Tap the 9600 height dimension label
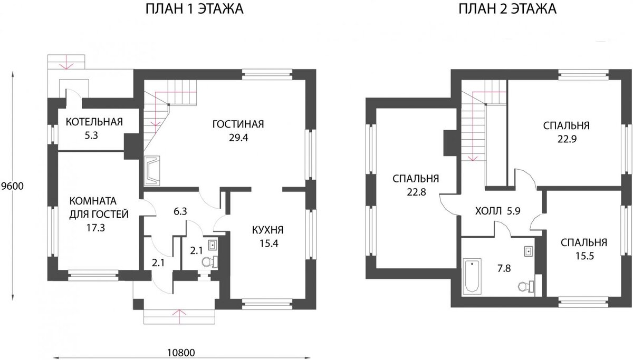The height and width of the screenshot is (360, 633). click(x=12, y=186)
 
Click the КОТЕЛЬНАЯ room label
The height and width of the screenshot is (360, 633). click(x=94, y=123)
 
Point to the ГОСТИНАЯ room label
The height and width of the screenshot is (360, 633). click(x=237, y=124)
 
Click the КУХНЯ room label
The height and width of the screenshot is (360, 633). click(x=268, y=230)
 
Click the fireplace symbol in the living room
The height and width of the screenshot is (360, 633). click(x=153, y=170)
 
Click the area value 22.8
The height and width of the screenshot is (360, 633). click(x=416, y=192)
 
